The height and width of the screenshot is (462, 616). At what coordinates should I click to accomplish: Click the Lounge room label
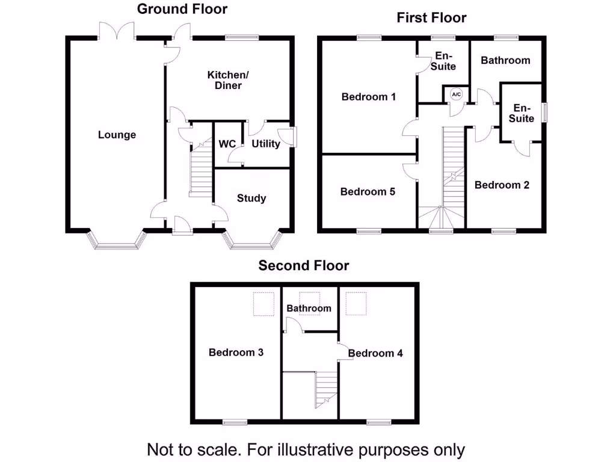(117, 135)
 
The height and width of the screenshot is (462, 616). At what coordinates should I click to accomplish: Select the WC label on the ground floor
(227, 144)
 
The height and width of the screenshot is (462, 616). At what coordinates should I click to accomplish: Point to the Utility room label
(266, 144)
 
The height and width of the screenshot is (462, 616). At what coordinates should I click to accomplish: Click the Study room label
(251, 198)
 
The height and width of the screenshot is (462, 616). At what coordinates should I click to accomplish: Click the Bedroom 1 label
(368, 96)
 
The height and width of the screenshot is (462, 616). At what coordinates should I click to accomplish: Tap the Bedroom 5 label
(368, 192)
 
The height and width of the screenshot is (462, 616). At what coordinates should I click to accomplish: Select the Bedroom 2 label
(502, 185)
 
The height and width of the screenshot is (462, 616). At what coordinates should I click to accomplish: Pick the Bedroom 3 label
(236, 353)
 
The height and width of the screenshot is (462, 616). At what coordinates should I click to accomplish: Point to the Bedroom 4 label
(375, 353)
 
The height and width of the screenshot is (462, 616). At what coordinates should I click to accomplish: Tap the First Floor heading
(431, 17)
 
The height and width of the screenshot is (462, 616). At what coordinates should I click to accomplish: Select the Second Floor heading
(304, 265)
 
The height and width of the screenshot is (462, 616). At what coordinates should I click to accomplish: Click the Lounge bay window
(117, 242)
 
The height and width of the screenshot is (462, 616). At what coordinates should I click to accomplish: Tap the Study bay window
(252, 242)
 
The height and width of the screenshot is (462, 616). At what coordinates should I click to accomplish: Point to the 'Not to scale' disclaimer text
(306, 449)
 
